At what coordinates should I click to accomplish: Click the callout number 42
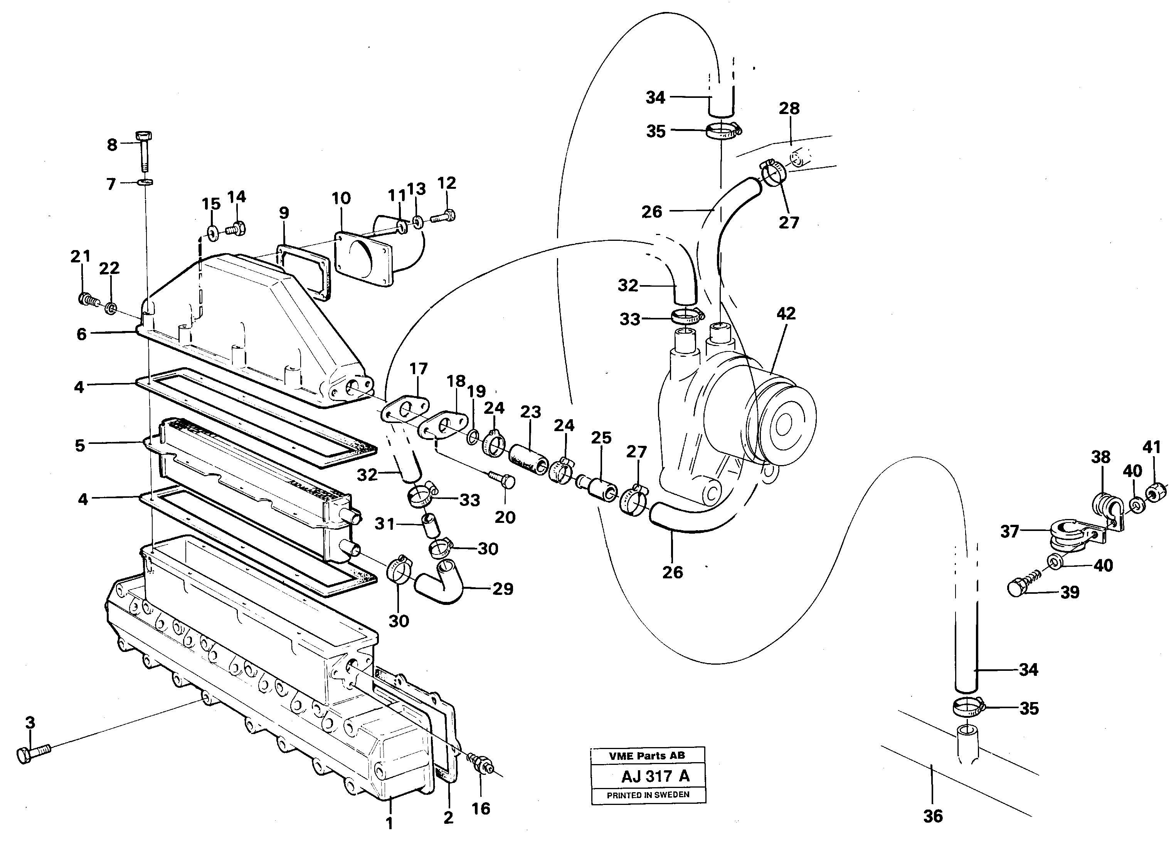coord(786,314)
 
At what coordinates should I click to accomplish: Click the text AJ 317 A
coord(648,776)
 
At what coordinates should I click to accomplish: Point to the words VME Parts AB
coord(647,756)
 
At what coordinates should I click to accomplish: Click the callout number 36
coord(933,817)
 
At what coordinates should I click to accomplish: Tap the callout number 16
coord(481,808)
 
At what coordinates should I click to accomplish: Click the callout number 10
coord(341,198)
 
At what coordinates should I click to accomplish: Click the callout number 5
coord(80,446)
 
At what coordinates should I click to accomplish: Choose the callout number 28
coord(789,109)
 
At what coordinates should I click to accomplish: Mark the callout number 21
coord(81,257)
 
